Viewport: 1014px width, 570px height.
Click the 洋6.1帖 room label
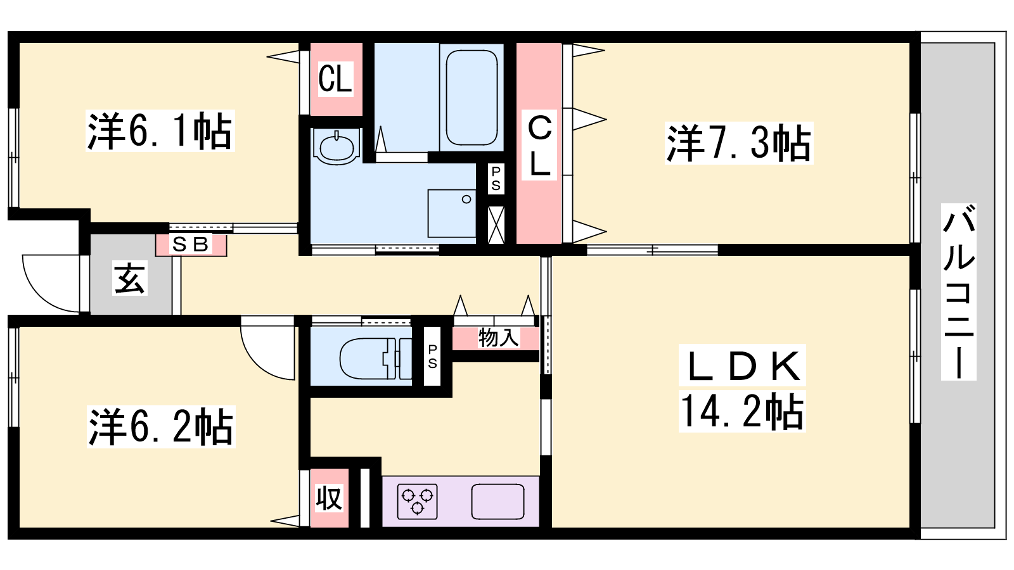tap(160, 130)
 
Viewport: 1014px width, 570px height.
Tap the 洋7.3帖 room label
tap(739, 143)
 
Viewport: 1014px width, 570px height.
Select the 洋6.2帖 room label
tap(161, 427)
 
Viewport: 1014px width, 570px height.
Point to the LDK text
tap(742, 366)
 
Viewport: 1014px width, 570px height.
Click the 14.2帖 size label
tap(742, 411)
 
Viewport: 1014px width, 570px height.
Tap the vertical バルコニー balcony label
tap(958, 292)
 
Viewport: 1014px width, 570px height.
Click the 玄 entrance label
tap(130, 278)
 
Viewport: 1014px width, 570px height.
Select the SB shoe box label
tap(191, 244)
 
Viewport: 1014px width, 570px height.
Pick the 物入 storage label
tap(498, 338)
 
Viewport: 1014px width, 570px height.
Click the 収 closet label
tap(329, 498)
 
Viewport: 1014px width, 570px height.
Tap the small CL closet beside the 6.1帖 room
tap(335, 79)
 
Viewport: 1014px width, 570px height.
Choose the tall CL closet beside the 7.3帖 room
tap(539, 146)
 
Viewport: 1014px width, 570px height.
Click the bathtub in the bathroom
tap(472, 98)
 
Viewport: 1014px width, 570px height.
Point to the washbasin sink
tap(337, 147)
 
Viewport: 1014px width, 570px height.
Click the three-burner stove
tap(418, 501)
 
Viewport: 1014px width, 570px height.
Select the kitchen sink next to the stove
tap(498, 502)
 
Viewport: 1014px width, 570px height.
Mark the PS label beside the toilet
tap(432, 357)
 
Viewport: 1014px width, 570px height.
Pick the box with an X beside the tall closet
tap(496, 225)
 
